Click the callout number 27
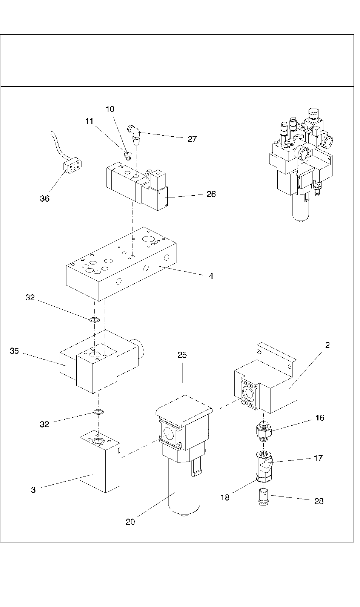click(192, 139)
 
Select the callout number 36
click(45, 199)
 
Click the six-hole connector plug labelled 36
click(73, 166)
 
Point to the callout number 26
click(211, 194)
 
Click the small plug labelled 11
click(128, 156)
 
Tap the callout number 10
click(110, 109)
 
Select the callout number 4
click(211, 276)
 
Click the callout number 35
click(14, 351)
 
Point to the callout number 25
click(182, 355)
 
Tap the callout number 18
click(225, 497)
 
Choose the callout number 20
click(130, 522)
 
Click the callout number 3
click(33, 490)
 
